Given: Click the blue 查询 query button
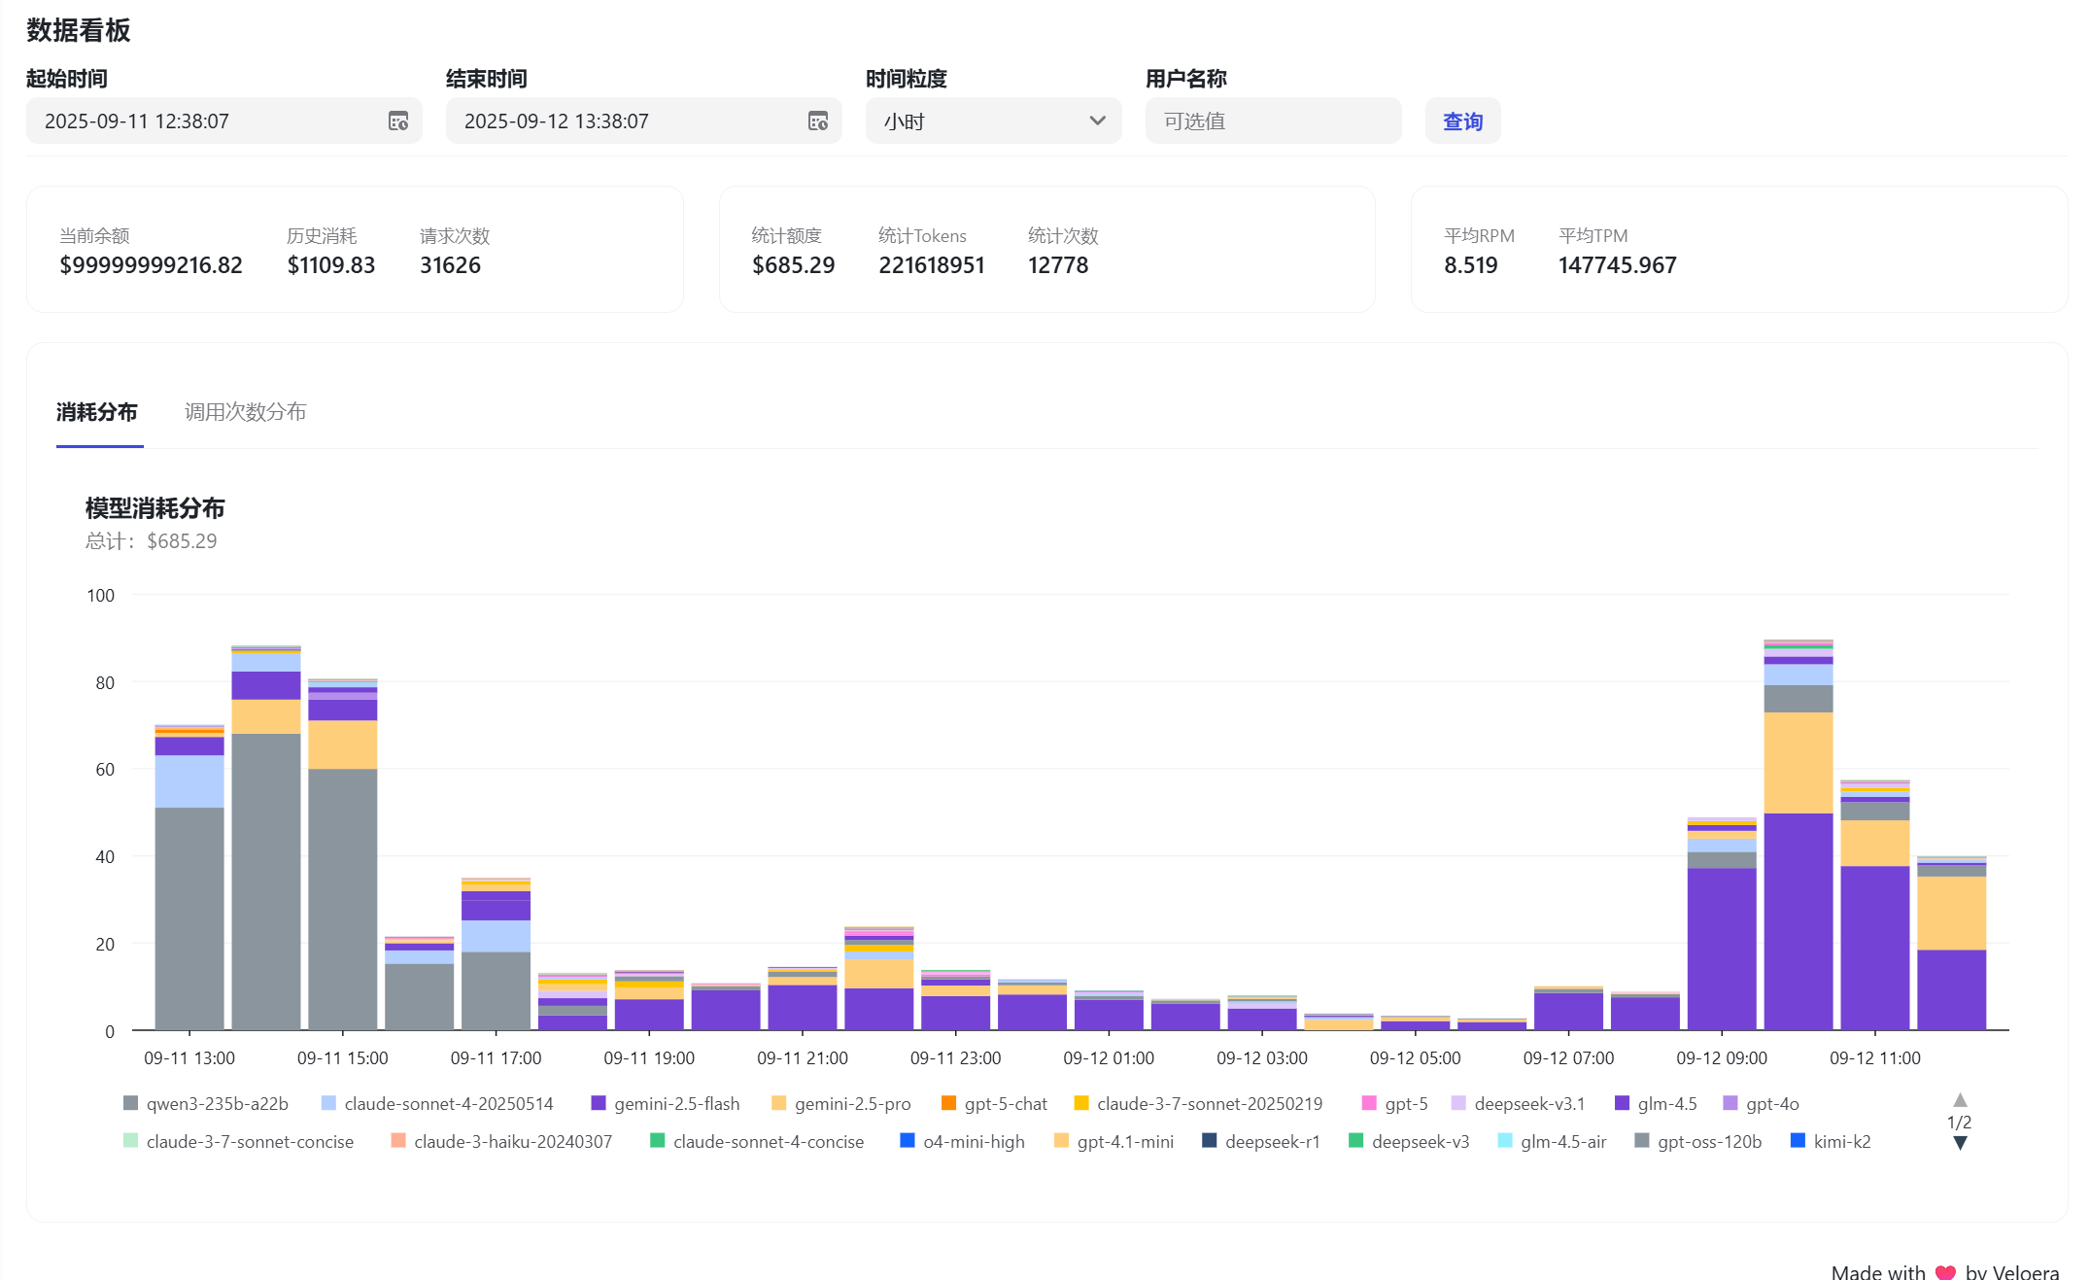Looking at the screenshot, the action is (x=1462, y=121).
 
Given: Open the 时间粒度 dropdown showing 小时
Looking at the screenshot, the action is (x=993, y=121).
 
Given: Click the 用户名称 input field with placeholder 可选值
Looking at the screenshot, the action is (x=1273, y=121).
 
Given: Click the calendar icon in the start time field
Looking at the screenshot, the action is (x=398, y=121).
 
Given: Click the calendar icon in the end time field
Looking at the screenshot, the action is (x=818, y=121).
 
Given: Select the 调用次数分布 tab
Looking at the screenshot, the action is (x=246, y=412).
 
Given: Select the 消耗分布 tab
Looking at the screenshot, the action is (x=97, y=412).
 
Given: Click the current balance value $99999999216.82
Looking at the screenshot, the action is (x=152, y=265).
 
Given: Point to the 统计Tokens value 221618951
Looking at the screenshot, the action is (x=932, y=265).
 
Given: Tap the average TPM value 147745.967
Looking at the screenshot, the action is (x=1618, y=265).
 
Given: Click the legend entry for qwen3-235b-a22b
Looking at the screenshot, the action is (x=206, y=1104).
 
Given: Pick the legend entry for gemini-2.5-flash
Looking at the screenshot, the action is (x=666, y=1104).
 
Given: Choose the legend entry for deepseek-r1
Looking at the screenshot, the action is (x=1261, y=1142).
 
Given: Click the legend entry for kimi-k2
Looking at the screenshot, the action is (x=1831, y=1142).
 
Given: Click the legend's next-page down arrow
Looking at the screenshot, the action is (x=1960, y=1144).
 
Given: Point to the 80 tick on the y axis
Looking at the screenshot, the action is (x=105, y=683).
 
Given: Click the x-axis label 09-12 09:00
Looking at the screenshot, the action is (x=1721, y=1058).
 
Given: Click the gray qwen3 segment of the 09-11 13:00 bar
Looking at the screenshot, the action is (x=189, y=918).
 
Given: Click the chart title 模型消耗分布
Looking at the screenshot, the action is (x=155, y=508).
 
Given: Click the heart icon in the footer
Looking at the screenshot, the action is (x=1945, y=1272).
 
